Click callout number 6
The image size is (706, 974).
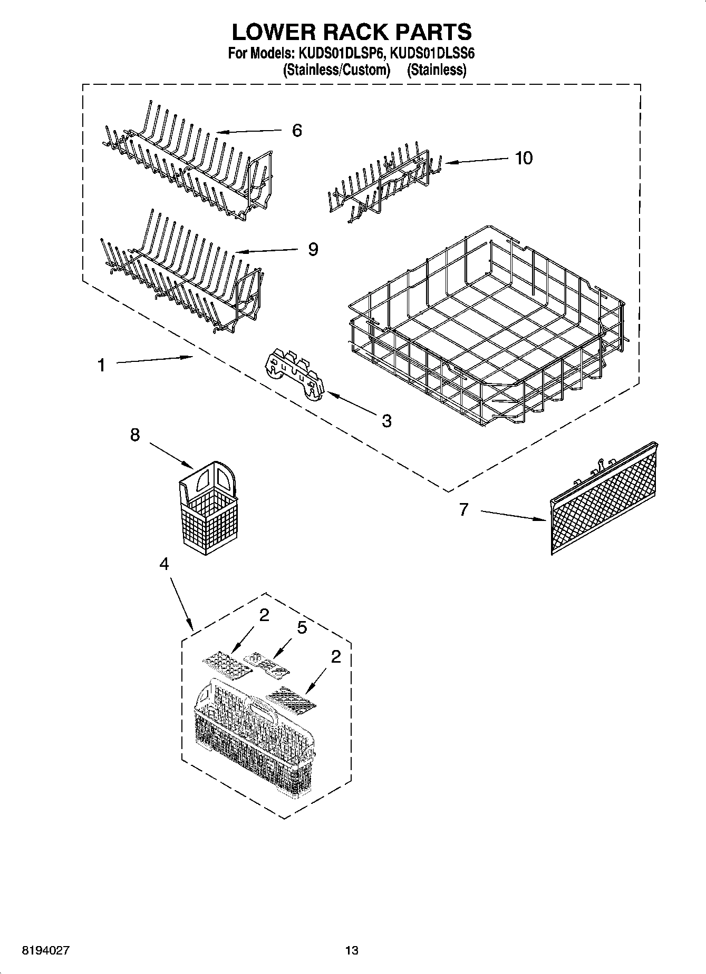(297, 130)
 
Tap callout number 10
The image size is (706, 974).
(524, 158)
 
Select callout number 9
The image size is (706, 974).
(313, 249)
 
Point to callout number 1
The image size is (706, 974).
(101, 365)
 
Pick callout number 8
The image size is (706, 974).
(135, 435)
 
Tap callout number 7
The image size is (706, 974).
(463, 509)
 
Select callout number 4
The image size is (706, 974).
(164, 564)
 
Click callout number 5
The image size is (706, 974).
(302, 628)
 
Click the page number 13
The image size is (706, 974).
(352, 950)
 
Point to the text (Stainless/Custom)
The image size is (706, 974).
(336, 70)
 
